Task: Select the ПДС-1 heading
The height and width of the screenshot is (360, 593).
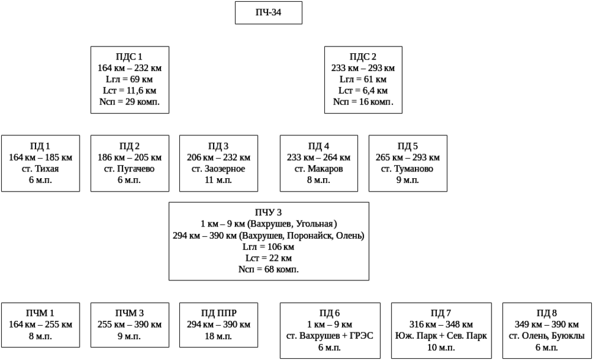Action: [129, 57]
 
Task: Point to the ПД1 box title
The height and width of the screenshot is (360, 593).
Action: [40, 146]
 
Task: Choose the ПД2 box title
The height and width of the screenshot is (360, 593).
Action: [129, 146]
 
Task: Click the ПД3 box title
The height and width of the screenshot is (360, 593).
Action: [218, 146]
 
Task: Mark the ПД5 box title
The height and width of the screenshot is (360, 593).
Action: [407, 146]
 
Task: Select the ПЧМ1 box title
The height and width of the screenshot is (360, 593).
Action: [40, 313]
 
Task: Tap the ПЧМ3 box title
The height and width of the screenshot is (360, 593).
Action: [129, 313]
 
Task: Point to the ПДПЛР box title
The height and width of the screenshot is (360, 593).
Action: [218, 313]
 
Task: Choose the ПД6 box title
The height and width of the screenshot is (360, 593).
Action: [330, 313]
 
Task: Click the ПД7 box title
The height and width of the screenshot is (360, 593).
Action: [441, 313]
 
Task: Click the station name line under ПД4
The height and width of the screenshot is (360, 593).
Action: [318, 169]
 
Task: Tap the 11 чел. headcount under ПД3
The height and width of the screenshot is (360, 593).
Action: [218, 180]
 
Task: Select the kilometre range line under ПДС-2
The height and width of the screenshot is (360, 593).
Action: [363, 69]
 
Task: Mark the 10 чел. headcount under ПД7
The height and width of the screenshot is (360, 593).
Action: [441, 347]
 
